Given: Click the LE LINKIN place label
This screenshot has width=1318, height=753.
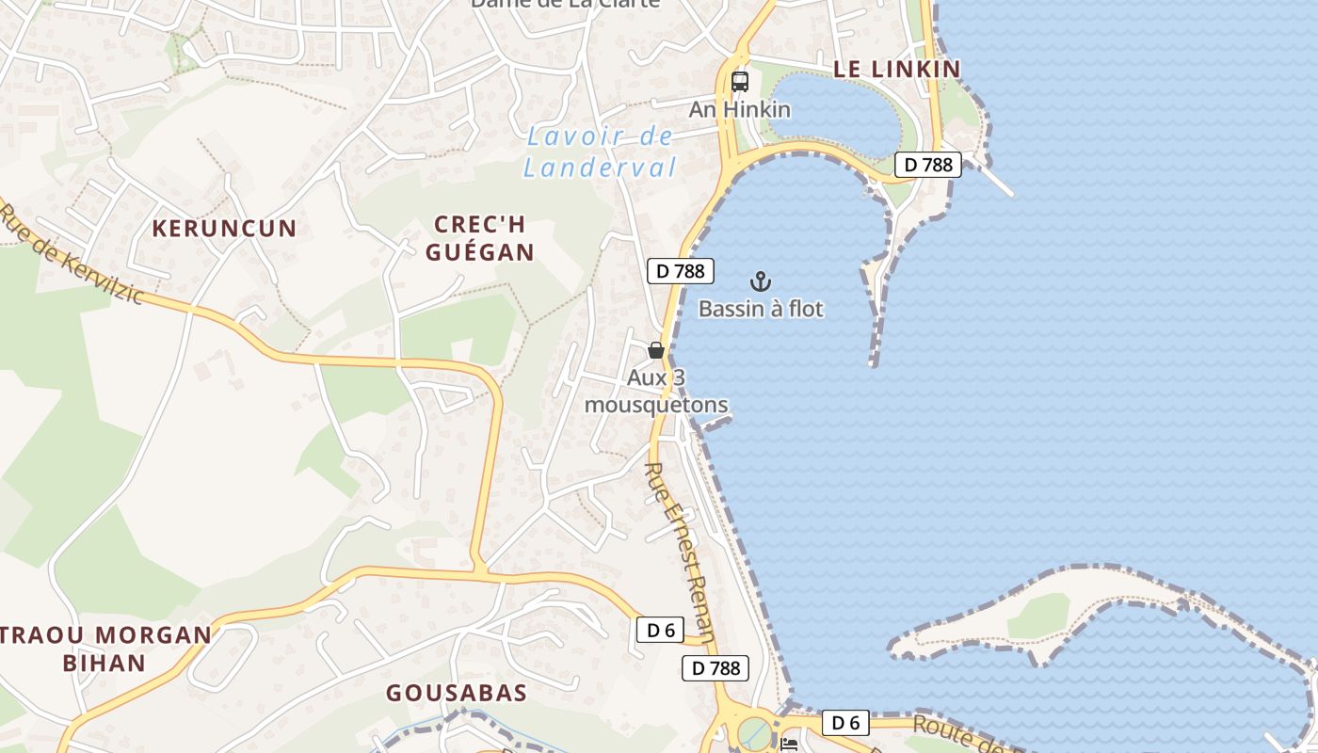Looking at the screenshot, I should click(896, 69).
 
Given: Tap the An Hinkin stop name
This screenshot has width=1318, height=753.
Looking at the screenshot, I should click(740, 109).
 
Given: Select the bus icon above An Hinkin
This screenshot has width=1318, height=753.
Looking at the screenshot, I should click(740, 81).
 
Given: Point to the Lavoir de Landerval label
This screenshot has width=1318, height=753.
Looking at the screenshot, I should click(600, 152).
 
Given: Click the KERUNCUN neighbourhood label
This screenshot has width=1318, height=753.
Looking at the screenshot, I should click(224, 228).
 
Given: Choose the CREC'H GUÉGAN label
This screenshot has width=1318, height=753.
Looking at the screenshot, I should click(480, 238).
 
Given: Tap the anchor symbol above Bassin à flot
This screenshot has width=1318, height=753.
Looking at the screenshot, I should click(760, 281).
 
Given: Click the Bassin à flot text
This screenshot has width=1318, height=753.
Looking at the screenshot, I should click(761, 309).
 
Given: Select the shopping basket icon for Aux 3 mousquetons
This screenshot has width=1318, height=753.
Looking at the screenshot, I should click(656, 350).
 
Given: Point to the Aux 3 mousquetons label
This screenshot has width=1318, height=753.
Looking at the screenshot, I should click(656, 392).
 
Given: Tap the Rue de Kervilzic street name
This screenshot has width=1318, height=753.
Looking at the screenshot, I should click(72, 256).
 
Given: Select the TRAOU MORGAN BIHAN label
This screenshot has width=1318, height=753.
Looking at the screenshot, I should click(105, 648).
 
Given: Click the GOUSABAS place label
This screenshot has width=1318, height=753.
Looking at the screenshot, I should click(457, 694).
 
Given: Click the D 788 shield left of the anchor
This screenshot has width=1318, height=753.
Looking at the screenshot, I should click(681, 271).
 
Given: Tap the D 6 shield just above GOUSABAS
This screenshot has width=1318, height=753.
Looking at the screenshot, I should click(660, 630).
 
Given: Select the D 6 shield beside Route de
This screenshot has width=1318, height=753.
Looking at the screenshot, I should click(845, 723).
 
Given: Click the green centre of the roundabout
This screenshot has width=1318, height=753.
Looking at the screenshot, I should click(754, 732).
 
